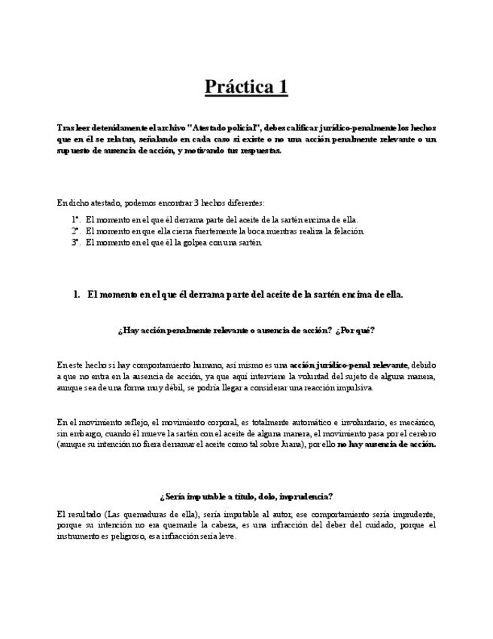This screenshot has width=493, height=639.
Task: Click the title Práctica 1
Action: [246, 87]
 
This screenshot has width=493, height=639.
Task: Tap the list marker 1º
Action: [76, 220]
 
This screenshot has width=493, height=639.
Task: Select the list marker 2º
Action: [76, 231]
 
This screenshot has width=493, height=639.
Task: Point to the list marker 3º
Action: [76, 243]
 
